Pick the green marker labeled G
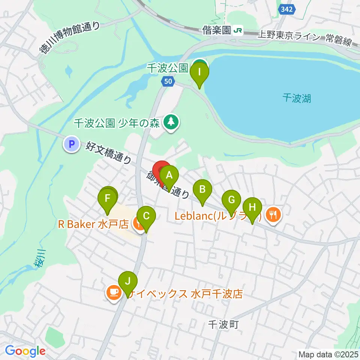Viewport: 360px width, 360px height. (231, 200)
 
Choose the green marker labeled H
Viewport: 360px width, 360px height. (252, 207)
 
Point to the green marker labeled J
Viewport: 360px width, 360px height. (128, 281)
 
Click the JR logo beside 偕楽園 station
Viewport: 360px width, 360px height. (238, 30)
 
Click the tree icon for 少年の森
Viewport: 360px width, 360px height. (171, 122)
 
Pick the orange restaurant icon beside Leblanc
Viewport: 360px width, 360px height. (274, 215)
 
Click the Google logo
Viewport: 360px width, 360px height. (25, 351)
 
